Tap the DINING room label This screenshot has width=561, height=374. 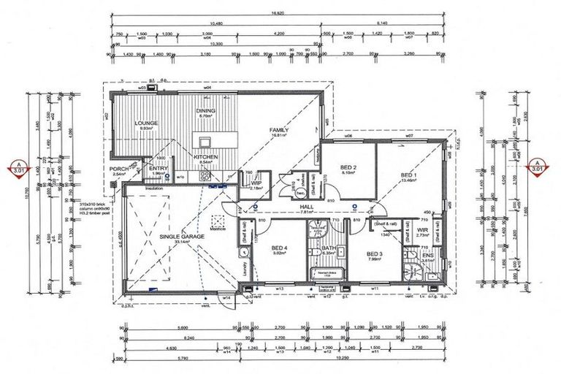205,111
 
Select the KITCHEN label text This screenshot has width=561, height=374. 206,156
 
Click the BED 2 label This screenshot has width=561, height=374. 348,167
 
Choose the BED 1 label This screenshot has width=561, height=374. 410,175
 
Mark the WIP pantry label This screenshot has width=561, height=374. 256,183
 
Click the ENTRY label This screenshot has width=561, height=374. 159,168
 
